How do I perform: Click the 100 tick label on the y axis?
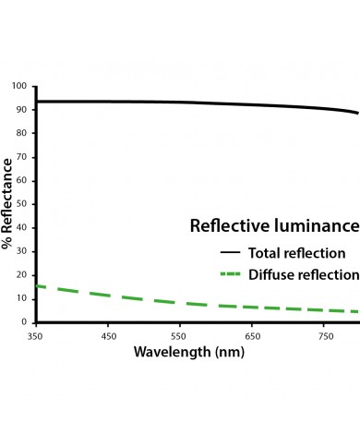pyautogui.click(x=18, y=87)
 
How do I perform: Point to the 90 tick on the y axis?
pyautogui.click(x=21, y=110)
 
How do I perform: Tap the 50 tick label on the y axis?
pyautogui.click(x=21, y=204)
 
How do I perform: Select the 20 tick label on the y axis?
pyautogui.click(x=21, y=275)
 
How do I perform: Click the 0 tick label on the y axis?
pyautogui.click(x=24, y=322)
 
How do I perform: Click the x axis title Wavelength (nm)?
pyautogui.click(x=187, y=353)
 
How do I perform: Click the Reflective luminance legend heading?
pyautogui.click(x=273, y=226)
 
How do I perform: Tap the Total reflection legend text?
pyautogui.click(x=296, y=252)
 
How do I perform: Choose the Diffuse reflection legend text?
pyautogui.click(x=302, y=274)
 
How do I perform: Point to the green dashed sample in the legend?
pyautogui.click(x=231, y=274)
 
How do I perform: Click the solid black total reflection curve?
pyautogui.click(x=185, y=103)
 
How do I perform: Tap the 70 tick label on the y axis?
pyautogui.click(x=21, y=157)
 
